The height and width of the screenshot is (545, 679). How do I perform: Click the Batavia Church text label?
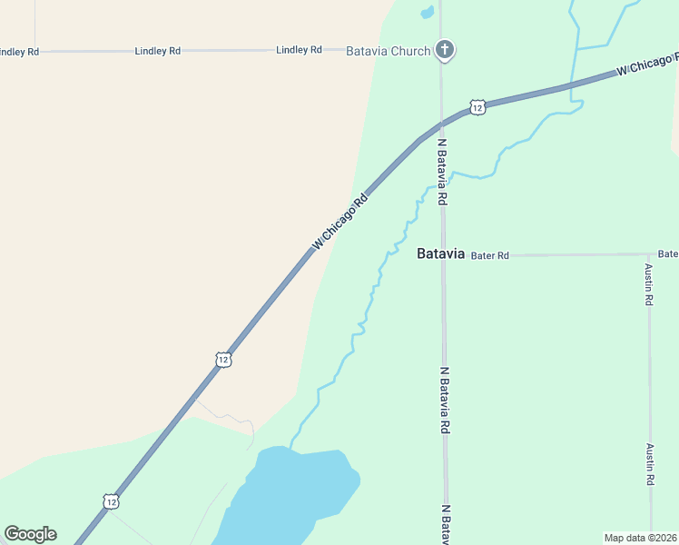click(388, 51)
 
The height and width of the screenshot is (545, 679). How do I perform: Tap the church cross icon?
click(444, 50)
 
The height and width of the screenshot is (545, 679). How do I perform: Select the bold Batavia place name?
click(440, 253)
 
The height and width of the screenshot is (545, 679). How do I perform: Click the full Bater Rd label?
click(490, 256)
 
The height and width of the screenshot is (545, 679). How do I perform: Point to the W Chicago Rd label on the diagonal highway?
click(339, 221)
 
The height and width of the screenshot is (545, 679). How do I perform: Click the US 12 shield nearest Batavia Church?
click(477, 108)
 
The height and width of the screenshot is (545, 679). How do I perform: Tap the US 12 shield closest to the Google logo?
click(110, 501)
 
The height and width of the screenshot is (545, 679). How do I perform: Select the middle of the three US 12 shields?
click(223, 360)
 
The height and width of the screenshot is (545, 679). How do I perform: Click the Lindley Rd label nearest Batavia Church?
click(299, 50)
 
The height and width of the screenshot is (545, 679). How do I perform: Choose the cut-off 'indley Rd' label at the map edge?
click(19, 52)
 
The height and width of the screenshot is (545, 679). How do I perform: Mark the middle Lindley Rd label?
click(157, 51)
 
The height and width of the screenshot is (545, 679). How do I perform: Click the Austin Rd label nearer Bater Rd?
click(649, 284)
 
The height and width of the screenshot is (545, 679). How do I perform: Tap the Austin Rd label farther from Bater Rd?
click(650, 464)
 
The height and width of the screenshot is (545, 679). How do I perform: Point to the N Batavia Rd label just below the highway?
click(443, 172)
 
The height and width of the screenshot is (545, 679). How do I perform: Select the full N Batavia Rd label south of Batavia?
click(445, 401)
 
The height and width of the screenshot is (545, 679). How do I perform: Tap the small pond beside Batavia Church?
click(426, 13)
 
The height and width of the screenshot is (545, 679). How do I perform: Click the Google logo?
click(31, 534)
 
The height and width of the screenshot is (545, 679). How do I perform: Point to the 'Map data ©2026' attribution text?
click(640, 538)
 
